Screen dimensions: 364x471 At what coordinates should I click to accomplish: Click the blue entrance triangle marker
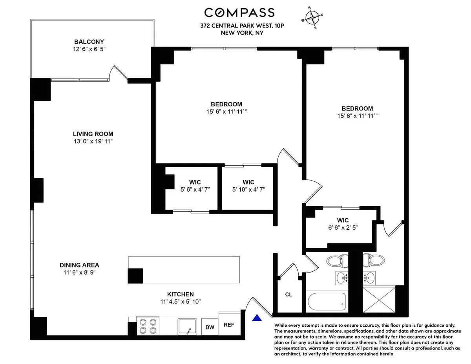[257, 318]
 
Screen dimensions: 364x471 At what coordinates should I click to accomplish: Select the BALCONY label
[89, 42]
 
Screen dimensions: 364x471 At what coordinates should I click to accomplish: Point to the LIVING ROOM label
[93, 134]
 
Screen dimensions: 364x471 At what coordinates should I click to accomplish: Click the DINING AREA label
[79, 265]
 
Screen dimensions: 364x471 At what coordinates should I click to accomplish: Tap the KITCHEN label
[180, 294]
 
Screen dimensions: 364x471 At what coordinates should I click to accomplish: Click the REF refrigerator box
[229, 324]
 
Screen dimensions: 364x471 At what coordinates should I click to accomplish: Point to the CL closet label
[288, 294]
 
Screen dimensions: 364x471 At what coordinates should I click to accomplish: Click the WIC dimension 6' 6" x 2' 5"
[343, 227]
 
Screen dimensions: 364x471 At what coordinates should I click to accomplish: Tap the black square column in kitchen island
[135, 276]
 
